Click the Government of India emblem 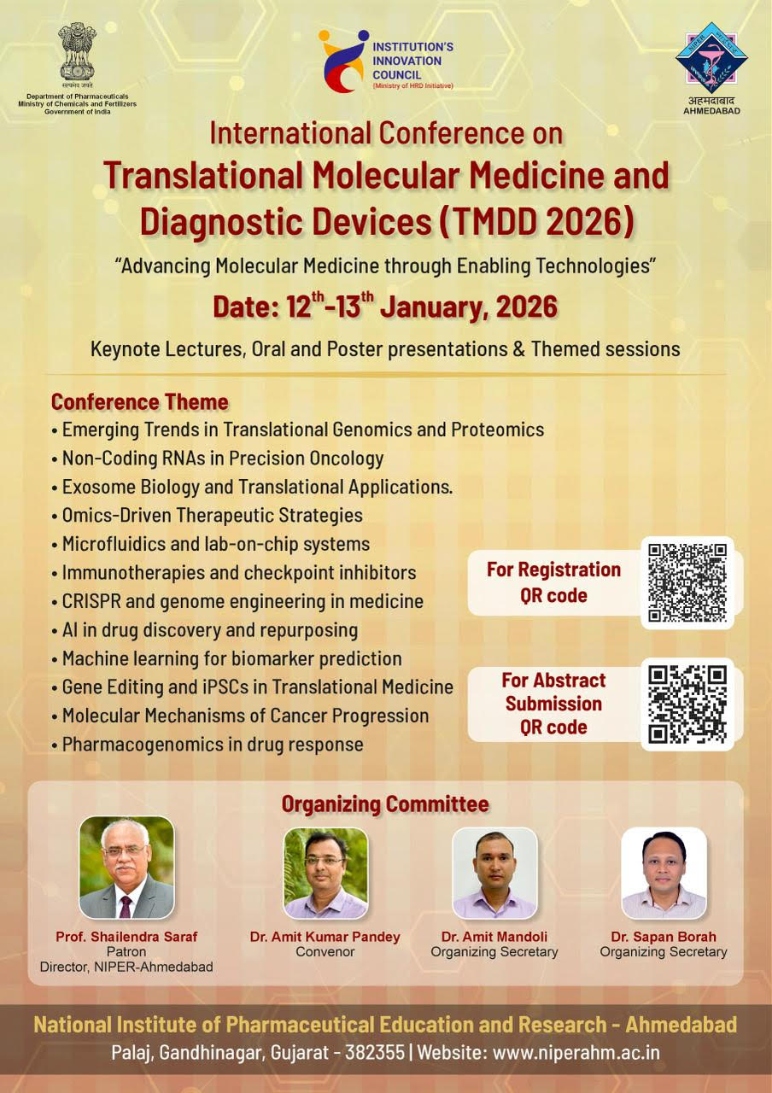coord(77,50)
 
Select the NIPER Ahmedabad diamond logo coord(711,59)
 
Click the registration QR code coord(687,582)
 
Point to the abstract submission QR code coord(687,704)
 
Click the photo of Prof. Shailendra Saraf coord(126,868)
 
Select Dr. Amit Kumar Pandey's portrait coord(325,873)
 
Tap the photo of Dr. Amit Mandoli coord(494,873)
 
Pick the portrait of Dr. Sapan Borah coord(664,873)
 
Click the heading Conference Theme coord(140,401)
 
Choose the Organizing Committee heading coord(385,804)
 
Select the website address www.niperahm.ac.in coord(576,1053)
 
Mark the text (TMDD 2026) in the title coord(538,221)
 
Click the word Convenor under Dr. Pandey coord(325,951)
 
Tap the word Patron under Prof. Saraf coord(126,951)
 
